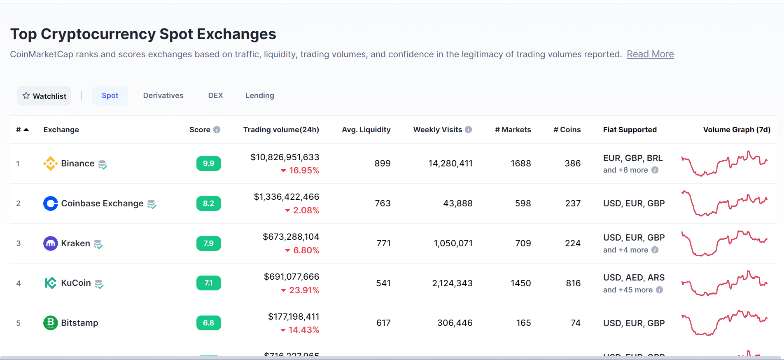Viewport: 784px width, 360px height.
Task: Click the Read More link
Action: (650, 54)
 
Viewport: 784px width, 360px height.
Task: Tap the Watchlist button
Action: (44, 96)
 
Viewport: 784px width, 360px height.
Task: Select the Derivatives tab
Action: (163, 96)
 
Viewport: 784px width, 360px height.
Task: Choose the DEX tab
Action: (215, 96)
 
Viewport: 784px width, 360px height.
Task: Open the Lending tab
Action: (259, 96)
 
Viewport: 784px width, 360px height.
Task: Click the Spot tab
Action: (110, 96)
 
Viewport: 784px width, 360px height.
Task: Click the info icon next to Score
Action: (217, 130)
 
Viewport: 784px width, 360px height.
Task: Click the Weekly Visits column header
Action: (437, 130)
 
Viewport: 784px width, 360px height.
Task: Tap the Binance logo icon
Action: (50, 164)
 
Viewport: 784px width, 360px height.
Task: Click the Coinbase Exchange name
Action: (102, 203)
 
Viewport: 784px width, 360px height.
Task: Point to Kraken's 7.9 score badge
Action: (208, 243)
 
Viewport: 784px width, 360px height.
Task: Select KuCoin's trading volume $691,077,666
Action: (292, 277)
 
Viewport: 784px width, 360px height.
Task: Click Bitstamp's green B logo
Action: (50, 323)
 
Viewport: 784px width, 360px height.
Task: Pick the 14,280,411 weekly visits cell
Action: (450, 164)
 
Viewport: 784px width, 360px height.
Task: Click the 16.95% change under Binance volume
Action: (303, 171)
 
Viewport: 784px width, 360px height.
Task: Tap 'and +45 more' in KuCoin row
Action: (628, 290)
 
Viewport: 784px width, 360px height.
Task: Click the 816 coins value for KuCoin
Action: (573, 283)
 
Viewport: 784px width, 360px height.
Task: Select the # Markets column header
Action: (513, 130)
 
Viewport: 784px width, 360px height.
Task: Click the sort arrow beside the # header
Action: (26, 130)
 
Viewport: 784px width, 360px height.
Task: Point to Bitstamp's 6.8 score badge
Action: (208, 323)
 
